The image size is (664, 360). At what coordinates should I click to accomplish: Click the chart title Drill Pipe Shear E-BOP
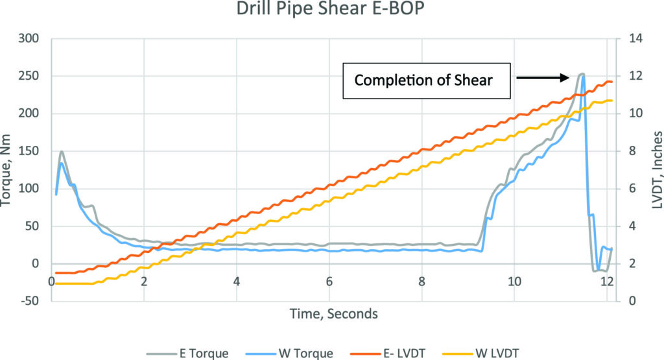(331, 12)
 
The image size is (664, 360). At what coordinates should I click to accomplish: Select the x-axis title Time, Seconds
(331, 314)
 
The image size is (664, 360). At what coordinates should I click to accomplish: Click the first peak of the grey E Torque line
(62, 152)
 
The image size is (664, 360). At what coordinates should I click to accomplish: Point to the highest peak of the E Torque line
(581, 74)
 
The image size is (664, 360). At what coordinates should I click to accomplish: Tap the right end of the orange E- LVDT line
(611, 82)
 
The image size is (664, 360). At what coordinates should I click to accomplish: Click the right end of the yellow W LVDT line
(611, 101)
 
